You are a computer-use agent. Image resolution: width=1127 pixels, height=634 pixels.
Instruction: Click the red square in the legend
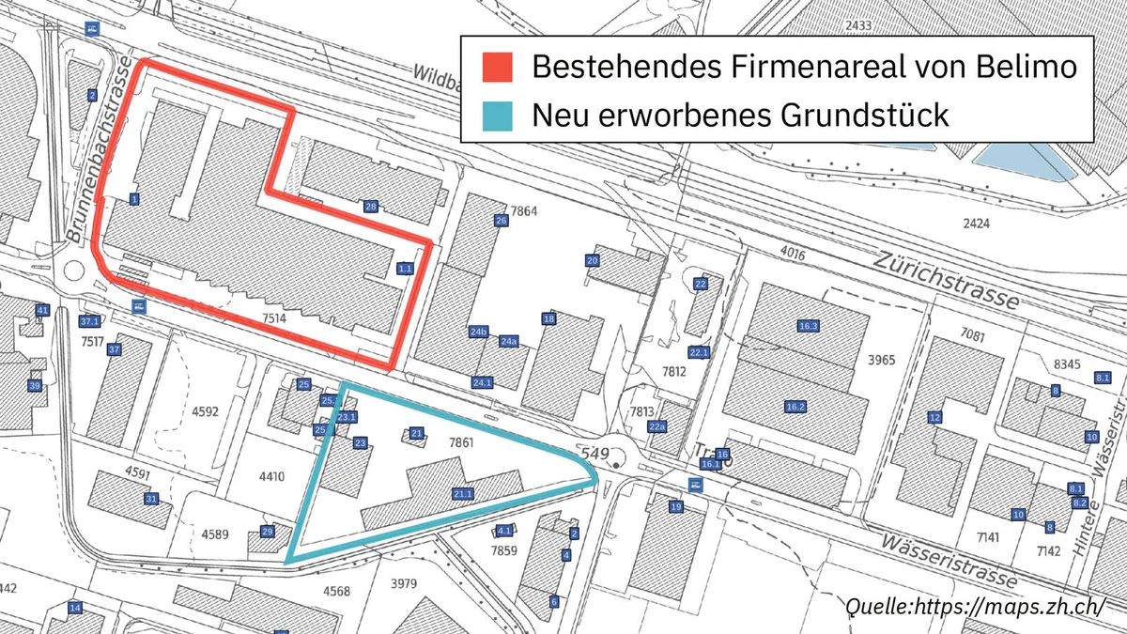coord(498,67)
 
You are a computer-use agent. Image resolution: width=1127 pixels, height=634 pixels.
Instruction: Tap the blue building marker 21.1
coord(462,493)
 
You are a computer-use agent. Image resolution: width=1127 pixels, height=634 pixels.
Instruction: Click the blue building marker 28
coord(371,206)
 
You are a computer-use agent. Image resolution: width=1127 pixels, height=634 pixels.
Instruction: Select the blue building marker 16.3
coord(809,326)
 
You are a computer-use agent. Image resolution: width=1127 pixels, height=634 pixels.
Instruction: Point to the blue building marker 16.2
coord(795,407)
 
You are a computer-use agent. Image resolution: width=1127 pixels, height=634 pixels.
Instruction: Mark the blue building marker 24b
coord(479,332)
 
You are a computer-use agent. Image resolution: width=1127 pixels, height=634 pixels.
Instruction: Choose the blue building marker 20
coord(592,260)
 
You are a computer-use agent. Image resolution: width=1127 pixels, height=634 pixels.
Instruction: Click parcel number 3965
coord(882,360)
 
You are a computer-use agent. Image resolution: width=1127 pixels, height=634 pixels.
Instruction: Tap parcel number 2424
coord(978,223)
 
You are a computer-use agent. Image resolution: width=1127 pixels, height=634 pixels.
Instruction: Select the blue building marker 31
coord(151,499)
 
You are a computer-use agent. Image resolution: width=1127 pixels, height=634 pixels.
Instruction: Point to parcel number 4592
coord(205,410)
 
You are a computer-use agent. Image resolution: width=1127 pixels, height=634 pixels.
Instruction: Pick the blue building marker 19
coord(675,507)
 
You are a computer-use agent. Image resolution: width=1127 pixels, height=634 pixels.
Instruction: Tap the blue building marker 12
coord(934,417)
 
